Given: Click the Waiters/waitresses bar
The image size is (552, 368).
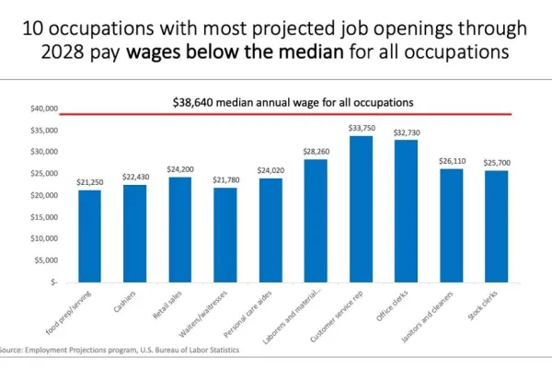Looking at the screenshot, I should coord(224,235).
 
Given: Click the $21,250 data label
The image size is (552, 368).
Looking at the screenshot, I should coord(89,182).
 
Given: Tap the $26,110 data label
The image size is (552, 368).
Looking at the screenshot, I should coord(451,161).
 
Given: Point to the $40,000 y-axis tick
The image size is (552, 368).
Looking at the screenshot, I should coord(43,109).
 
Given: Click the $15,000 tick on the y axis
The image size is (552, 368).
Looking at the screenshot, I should coord(43,217).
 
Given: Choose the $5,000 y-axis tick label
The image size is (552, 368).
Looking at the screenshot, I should coord(46,260).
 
